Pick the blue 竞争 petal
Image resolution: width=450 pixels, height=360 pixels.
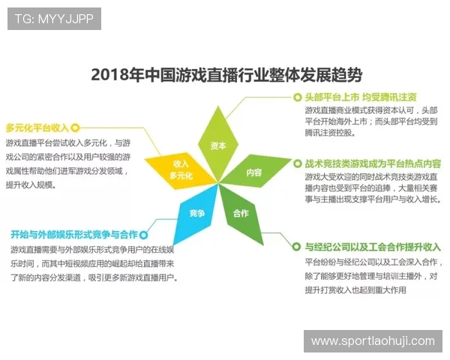point(196,212)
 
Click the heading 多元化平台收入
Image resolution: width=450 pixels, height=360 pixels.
point(37,127)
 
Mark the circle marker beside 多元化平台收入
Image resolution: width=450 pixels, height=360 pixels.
point(75,127)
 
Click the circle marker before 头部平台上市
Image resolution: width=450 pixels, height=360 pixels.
point(297,97)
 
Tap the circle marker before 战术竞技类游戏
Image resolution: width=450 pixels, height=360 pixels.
point(298,163)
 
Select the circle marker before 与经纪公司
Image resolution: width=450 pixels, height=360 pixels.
point(298,247)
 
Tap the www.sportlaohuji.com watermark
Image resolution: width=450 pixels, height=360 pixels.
point(373,341)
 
